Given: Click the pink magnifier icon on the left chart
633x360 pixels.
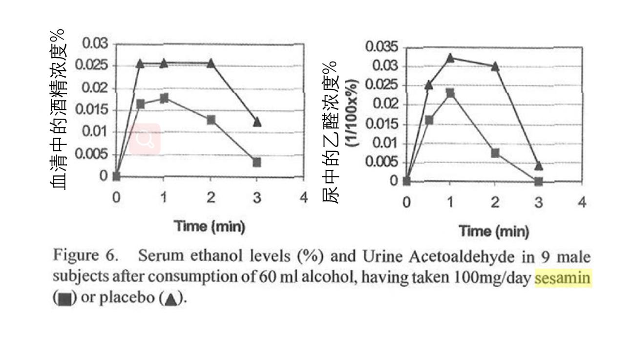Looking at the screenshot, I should point(146,139).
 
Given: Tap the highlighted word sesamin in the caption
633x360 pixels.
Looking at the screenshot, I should point(563,278).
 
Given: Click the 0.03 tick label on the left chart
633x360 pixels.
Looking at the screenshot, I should point(95,43).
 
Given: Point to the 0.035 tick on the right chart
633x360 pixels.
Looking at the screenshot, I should point(382,47).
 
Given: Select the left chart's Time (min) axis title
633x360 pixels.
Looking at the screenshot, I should point(210,226).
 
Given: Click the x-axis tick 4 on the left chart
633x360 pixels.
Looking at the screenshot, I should point(304,197).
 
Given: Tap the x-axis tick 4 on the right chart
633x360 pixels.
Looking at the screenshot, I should point(582,202).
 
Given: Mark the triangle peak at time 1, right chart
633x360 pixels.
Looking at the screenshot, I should point(450,58).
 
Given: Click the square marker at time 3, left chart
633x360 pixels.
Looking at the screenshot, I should point(257,162).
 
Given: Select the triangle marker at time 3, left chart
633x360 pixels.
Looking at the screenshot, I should point(257,122).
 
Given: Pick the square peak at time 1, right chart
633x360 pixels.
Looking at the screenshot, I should point(450,93).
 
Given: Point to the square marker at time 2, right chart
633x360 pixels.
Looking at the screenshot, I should point(495,153).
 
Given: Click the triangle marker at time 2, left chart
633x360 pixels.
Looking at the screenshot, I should point(211,63).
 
